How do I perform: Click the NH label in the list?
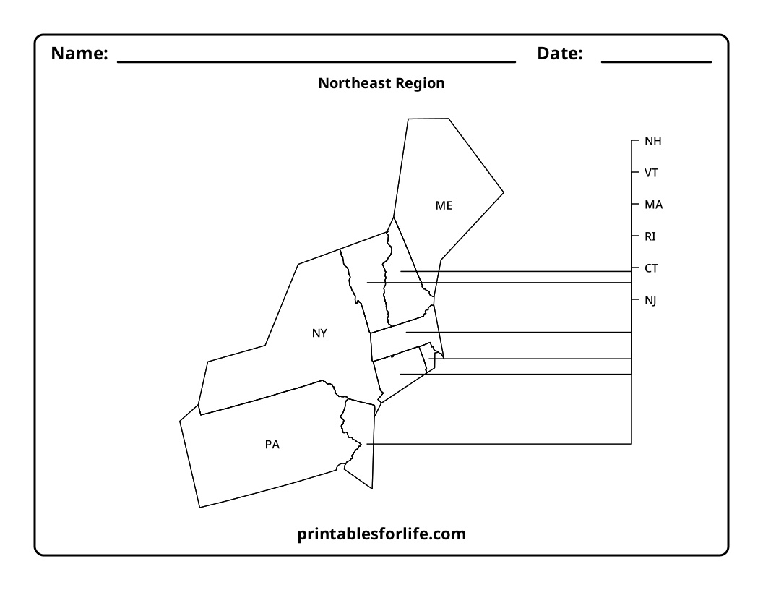pyautogui.click(x=652, y=141)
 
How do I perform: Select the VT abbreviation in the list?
pyautogui.click(x=651, y=173)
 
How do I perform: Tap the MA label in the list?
pyautogui.click(x=653, y=205)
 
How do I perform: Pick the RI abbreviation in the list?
pyautogui.click(x=650, y=236)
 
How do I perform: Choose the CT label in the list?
pyautogui.click(x=651, y=268)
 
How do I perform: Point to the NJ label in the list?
pyautogui.click(x=650, y=300)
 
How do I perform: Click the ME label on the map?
pyautogui.click(x=444, y=205)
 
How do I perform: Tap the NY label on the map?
pyautogui.click(x=319, y=333)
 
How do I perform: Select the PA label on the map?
pyautogui.click(x=272, y=445)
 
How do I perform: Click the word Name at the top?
pyautogui.click(x=79, y=53)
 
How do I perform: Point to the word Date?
pyautogui.click(x=559, y=53)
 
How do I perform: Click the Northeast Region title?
pyautogui.click(x=381, y=83)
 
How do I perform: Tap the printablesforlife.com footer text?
pyautogui.click(x=381, y=534)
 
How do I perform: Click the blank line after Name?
pyautogui.click(x=316, y=62)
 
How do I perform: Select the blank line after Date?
pyautogui.click(x=657, y=62)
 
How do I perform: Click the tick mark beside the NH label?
pyautogui.click(x=635, y=141)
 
